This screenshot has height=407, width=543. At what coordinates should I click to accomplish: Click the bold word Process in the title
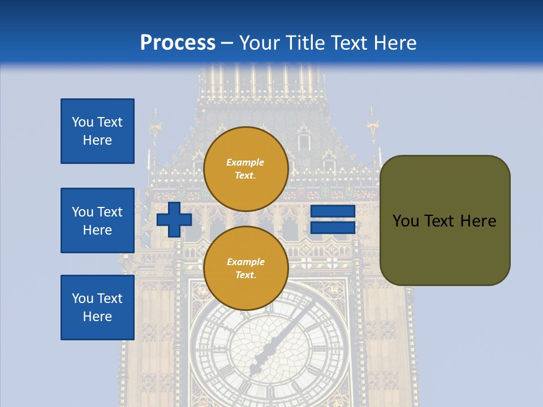pyautogui.click(x=178, y=42)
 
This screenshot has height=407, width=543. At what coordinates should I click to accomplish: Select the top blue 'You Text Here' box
pyautogui.click(x=97, y=131)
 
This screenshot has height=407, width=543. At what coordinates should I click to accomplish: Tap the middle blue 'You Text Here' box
pyautogui.click(x=97, y=220)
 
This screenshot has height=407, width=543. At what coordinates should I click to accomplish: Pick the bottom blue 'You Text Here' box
pyautogui.click(x=97, y=308)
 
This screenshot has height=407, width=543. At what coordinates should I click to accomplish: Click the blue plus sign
pyautogui.click(x=174, y=219)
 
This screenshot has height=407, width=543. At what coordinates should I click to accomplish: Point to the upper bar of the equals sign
pyautogui.click(x=333, y=211)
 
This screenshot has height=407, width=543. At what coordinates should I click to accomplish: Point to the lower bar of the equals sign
pyautogui.click(x=333, y=227)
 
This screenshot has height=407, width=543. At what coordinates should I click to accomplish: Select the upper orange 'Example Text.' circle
pyautogui.click(x=245, y=168)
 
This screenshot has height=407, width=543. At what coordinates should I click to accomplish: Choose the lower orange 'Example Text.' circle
pyautogui.click(x=245, y=268)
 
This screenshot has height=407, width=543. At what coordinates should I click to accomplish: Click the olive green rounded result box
pyautogui.click(x=445, y=220)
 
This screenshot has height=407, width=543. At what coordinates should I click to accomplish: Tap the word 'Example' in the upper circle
pyautogui.click(x=245, y=162)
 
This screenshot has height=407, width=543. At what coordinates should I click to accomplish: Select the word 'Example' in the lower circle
pyautogui.click(x=245, y=262)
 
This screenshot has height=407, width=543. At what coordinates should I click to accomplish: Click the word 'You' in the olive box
pyautogui.click(x=406, y=221)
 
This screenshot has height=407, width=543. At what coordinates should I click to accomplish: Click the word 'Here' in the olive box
pyautogui.click(x=478, y=221)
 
